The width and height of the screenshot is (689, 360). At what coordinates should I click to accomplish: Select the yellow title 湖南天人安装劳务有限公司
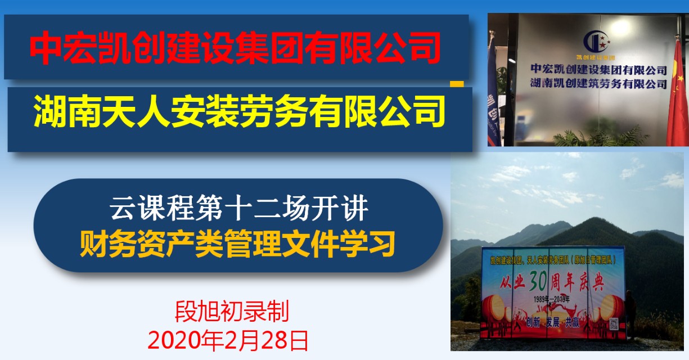[x=239, y=112]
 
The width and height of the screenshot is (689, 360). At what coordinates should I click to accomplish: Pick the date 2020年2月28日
[x=228, y=340]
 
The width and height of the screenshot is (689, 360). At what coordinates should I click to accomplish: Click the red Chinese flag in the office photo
[x=677, y=96]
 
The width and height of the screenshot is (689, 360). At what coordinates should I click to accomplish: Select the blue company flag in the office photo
[x=493, y=84]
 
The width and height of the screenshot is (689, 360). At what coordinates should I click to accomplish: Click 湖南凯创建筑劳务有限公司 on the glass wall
[x=598, y=84]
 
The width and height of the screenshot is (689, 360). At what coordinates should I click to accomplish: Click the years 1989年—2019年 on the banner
[x=552, y=298]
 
